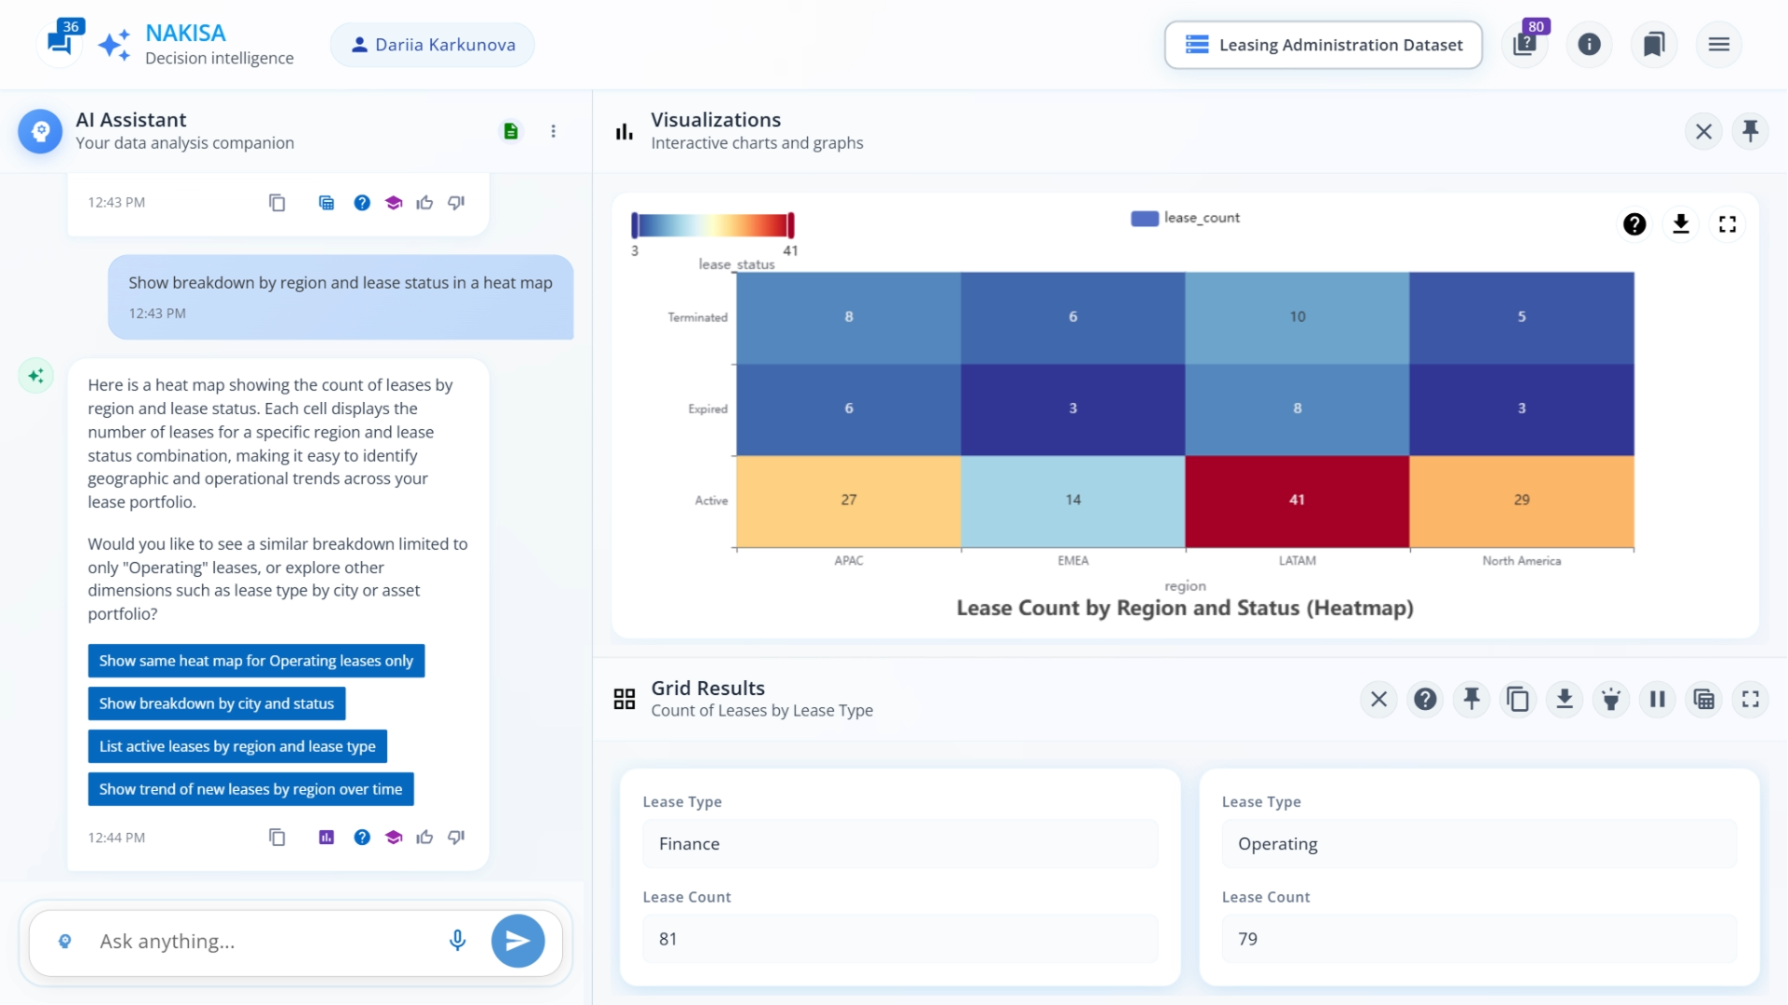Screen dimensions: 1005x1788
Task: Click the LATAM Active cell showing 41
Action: point(1297,501)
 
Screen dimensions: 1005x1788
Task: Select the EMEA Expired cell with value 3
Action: point(1072,409)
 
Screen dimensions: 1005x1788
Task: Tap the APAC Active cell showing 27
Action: point(848,501)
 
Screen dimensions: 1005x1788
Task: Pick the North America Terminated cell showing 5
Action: point(1521,317)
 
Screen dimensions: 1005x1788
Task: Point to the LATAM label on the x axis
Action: point(1297,560)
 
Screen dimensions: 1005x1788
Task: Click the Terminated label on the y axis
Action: point(697,317)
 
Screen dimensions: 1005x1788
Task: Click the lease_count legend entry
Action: point(1185,218)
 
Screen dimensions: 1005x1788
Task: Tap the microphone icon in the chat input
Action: point(457,940)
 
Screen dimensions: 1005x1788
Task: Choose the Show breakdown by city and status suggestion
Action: point(216,703)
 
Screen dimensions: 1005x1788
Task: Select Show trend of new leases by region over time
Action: point(250,789)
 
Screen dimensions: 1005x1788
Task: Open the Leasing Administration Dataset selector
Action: point(1323,45)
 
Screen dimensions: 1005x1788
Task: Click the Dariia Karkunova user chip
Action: point(433,45)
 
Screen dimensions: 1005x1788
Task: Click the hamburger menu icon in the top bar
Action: point(1718,45)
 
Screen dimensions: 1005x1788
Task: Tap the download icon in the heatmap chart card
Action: point(1680,224)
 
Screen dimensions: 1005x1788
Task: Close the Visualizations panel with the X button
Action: point(1703,131)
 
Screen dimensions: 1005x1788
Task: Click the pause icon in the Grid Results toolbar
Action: point(1657,699)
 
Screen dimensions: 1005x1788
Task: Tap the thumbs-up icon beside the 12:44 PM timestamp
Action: point(424,837)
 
